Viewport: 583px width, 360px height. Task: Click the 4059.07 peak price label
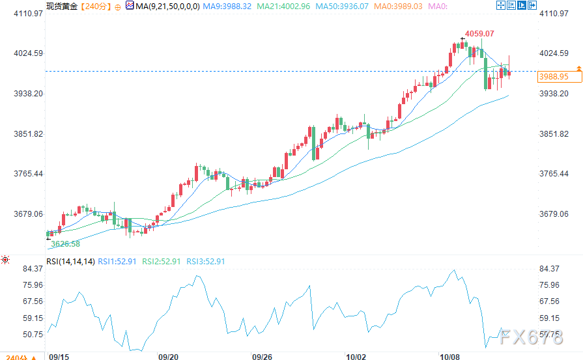479,33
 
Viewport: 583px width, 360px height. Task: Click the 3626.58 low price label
65,244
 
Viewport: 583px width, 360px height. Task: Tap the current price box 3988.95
554,77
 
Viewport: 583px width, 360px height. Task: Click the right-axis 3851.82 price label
555,133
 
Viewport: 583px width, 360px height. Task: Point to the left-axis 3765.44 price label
28,174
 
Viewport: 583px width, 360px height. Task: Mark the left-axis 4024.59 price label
28,53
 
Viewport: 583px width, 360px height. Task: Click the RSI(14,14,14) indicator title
70,261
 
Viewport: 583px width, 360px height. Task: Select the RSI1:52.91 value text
117,261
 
